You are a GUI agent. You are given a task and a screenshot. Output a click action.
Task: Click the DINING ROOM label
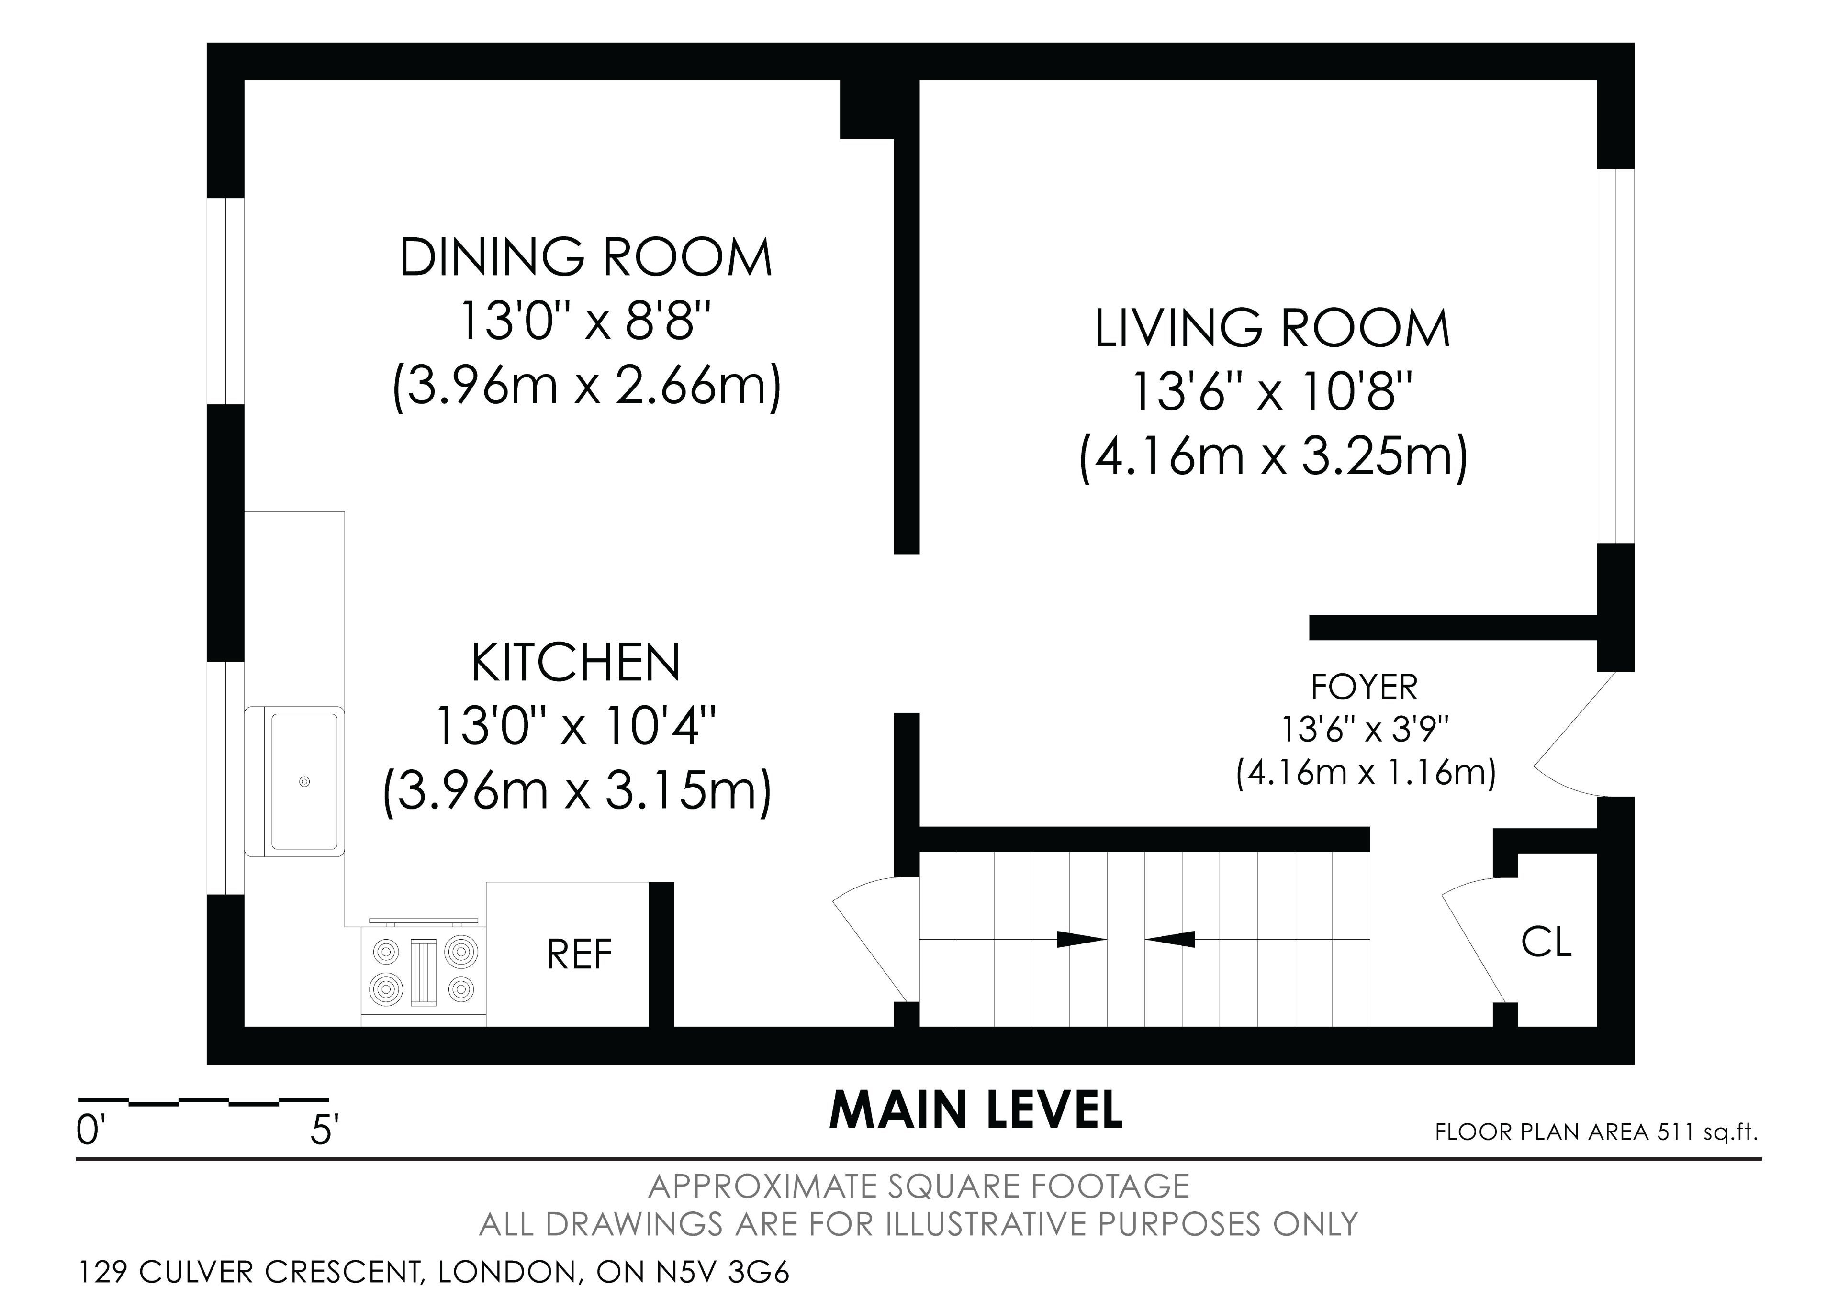pos(586,258)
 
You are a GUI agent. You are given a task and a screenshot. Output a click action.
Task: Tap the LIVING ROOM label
pos(1272,328)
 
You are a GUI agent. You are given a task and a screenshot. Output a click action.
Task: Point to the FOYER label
pos(1364,687)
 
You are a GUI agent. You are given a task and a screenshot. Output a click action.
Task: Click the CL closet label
pos(1546,942)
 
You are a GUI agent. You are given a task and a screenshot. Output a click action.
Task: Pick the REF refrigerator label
pos(579,954)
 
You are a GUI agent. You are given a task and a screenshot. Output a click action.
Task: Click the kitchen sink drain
pos(304,781)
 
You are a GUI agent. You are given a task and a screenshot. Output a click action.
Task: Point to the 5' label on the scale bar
pos(324,1132)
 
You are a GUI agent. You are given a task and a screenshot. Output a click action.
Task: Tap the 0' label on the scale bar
pos(90,1132)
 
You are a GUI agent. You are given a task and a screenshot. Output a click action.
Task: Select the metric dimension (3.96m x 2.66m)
pos(586,388)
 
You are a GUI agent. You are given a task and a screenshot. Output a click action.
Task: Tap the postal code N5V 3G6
pos(723,1272)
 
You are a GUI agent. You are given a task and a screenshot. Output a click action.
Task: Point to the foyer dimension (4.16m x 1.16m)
pos(1366,773)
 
